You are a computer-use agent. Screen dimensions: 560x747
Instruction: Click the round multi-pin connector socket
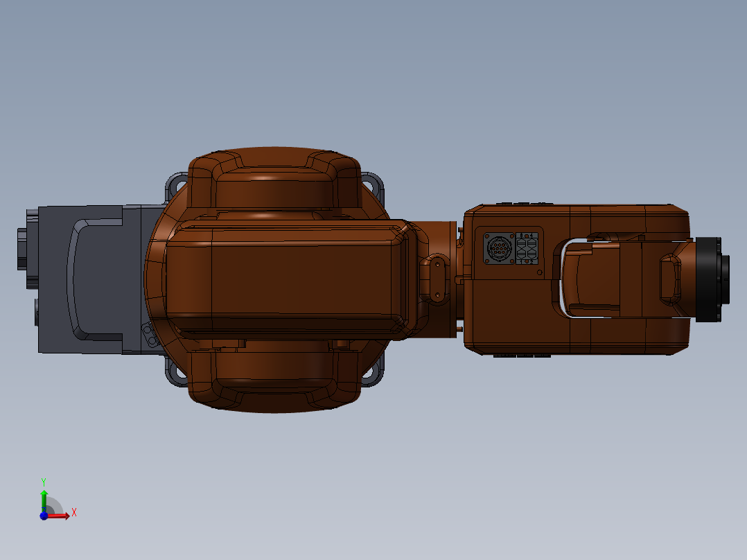(x=498, y=248)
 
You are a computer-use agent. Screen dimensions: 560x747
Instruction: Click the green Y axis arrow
(x=44, y=497)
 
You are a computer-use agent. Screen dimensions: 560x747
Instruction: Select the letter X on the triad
(x=73, y=512)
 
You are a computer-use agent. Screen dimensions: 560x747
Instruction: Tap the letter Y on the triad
(x=44, y=480)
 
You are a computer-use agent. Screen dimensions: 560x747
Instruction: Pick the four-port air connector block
(x=527, y=248)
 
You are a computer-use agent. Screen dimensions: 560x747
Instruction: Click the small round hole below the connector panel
(x=539, y=274)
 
